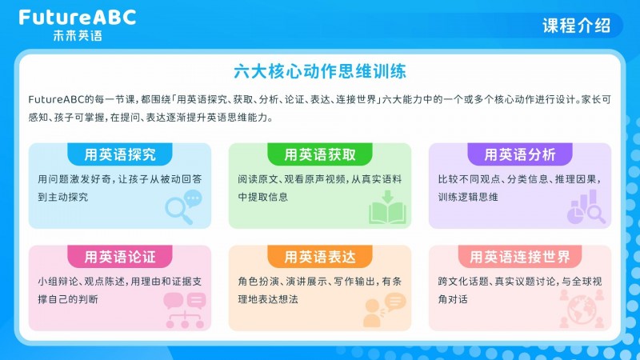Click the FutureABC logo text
point(77,18)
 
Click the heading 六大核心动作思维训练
point(319,71)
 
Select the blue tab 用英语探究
point(119,154)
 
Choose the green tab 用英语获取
point(319,154)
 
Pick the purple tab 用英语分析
point(519,154)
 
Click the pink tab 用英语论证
point(119,256)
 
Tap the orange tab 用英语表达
point(319,256)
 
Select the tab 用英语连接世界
point(519,256)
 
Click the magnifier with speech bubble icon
point(184,207)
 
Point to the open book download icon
point(387,207)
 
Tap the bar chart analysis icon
point(586,207)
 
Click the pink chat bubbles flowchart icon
point(185,310)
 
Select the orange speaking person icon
point(384,310)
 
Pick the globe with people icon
point(582,309)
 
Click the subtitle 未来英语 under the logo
point(78,35)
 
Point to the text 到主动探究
point(63,197)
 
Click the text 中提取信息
point(263,197)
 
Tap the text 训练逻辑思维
point(468,197)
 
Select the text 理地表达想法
point(268,299)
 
